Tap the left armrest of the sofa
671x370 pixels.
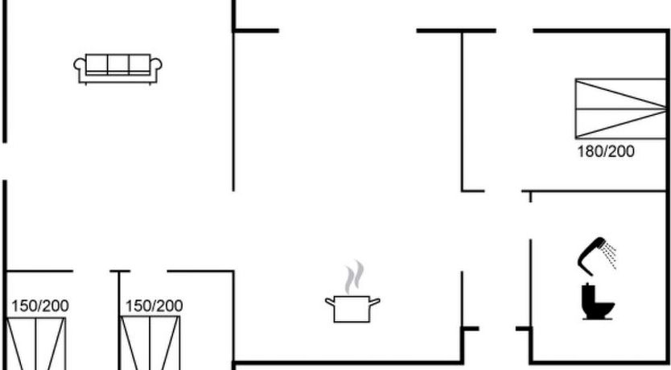(x=79, y=68)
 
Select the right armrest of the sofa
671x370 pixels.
(x=158, y=68)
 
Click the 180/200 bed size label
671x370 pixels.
(x=606, y=150)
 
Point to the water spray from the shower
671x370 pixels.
(x=611, y=257)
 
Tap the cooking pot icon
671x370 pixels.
(x=352, y=308)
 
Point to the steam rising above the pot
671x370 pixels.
(x=352, y=277)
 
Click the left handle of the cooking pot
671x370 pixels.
(x=329, y=302)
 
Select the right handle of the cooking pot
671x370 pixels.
(x=376, y=302)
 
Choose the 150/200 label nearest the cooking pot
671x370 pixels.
(x=154, y=306)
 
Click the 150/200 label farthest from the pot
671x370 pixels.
(x=40, y=306)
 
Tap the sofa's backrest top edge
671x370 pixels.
(x=118, y=57)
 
